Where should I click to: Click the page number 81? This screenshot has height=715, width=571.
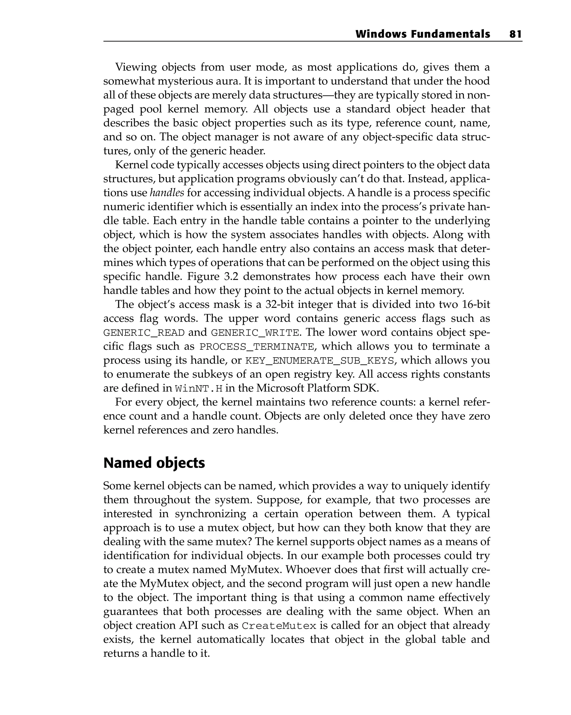click(515, 34)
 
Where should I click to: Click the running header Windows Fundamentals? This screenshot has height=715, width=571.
click(422, 34)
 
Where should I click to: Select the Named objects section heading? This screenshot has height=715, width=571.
click(154, 463)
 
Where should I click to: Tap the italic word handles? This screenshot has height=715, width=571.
click(167, 193)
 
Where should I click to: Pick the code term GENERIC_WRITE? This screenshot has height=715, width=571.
click(255, 333)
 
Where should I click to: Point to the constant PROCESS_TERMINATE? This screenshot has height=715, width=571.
click(256, 346)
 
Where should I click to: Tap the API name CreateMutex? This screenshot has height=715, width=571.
click(279, 626)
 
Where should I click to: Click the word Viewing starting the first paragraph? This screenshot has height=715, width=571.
click(136, 67)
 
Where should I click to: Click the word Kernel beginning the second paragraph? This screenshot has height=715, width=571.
click(131, 165)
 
